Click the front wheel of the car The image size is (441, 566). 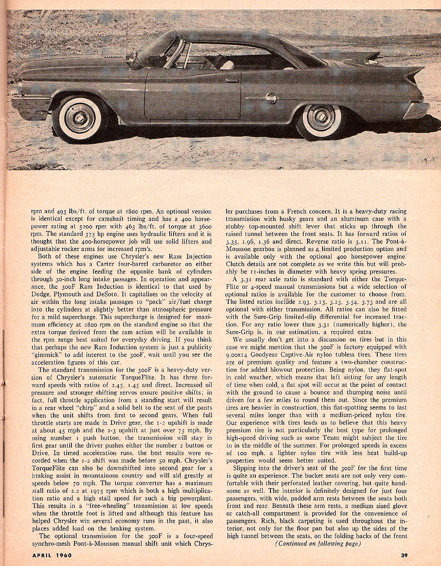tap(80, 118)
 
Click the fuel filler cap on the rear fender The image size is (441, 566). tap(271, 99)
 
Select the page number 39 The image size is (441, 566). tap(404, 555)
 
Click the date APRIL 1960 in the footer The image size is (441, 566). tap(54, 555)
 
